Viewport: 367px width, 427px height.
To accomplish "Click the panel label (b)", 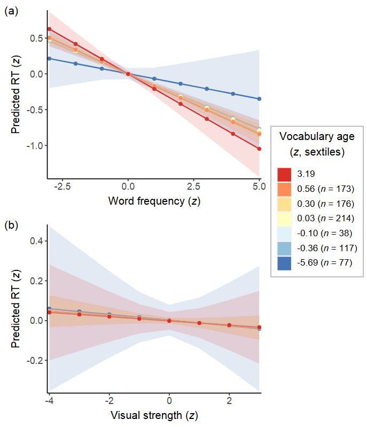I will point(11,226).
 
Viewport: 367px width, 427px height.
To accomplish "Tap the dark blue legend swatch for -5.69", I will point(284,262).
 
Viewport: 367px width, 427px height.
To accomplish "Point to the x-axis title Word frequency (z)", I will point(154,201).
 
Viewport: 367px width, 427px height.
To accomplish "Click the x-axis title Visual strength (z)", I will point(154,415).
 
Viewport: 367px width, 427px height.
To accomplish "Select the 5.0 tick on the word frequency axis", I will point(259,188).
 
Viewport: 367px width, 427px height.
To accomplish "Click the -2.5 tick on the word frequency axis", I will point(63,188).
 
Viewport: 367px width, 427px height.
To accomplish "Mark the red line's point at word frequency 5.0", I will point(259,149).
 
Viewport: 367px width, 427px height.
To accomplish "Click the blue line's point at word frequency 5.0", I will point(259,99).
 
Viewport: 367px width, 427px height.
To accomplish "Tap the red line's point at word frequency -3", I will point(49,29).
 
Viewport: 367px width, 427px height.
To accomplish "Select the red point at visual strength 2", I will point(229,325).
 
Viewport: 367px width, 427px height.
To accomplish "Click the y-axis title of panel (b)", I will point(15,315).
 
